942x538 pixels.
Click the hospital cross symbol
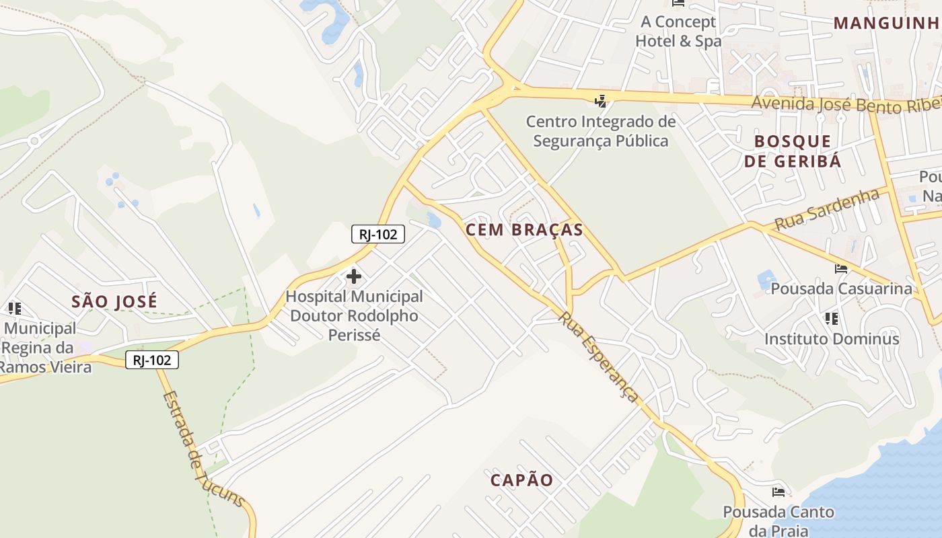(353, 276)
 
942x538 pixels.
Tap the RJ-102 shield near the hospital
(378, 234)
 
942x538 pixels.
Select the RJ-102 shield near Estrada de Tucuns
(152, 360)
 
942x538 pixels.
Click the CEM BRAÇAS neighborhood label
(524, 230)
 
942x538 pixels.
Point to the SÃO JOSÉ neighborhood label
(114, 302)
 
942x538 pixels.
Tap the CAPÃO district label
(521, 480)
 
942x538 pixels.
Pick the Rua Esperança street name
(600, 357)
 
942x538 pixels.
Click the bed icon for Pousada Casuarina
(840, 269)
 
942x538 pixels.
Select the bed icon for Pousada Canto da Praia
(778, 492)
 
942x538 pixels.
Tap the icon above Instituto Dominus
(831, 318)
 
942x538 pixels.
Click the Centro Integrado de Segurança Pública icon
(600, 102)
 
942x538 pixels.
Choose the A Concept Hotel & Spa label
(678, 31)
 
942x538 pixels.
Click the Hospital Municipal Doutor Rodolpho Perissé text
(354, 315)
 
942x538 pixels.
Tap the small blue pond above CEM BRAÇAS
(434, 220)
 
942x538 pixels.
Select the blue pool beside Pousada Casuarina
(766, 278)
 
